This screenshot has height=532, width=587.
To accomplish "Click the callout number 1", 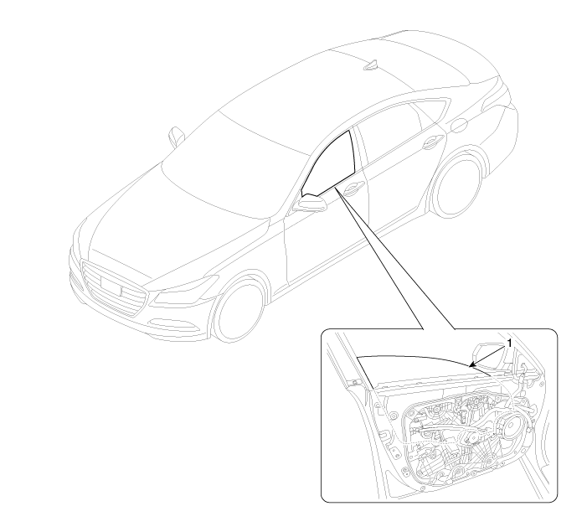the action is tap(509, 343).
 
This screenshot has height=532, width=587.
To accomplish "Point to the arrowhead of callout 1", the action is tap(471, 364).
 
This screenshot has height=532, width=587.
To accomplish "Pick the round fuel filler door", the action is tap(459, 126).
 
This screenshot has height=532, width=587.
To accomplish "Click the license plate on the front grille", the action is tap(111, 285).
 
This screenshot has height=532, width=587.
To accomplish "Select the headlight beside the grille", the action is tap(185, 289).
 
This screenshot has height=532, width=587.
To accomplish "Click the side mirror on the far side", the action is tap(176, 137).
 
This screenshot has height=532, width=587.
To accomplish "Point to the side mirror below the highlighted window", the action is tap(310, 203).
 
